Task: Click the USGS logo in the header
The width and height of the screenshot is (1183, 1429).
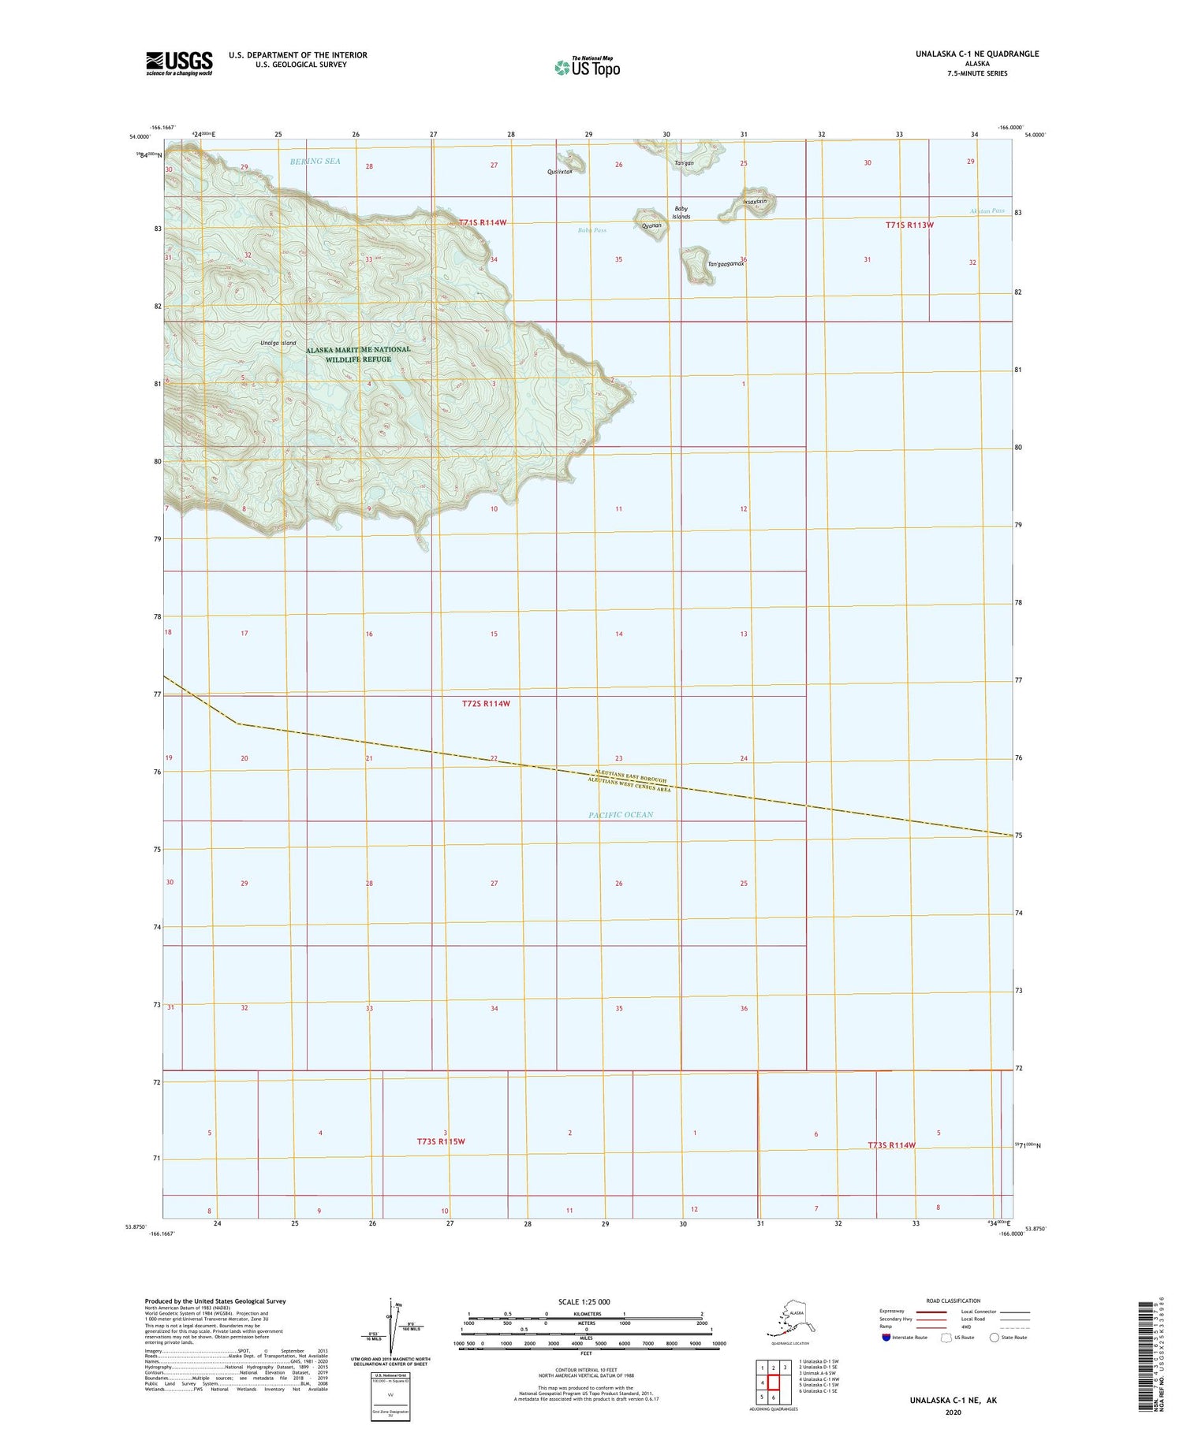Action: click(179, 62)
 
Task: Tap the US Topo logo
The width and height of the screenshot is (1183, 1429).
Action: click(587, 67)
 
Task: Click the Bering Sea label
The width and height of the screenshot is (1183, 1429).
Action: click(315, 161)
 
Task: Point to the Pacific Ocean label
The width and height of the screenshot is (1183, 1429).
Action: click(621, 814)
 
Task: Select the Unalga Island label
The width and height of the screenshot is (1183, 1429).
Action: click(278, 343)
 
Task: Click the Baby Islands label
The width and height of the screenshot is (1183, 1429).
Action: click(681, 213)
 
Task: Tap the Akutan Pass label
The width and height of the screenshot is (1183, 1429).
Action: click(987, 211)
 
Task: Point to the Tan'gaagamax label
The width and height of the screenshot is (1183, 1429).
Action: click(726, 264)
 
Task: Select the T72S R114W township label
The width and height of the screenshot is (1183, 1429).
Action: click(486, 703)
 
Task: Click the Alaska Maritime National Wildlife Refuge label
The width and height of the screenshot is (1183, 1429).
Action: click(358, 354)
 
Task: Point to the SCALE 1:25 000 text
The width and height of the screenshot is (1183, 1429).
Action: click(584, 1301)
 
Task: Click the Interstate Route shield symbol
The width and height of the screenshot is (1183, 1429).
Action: click(886, 1337)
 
